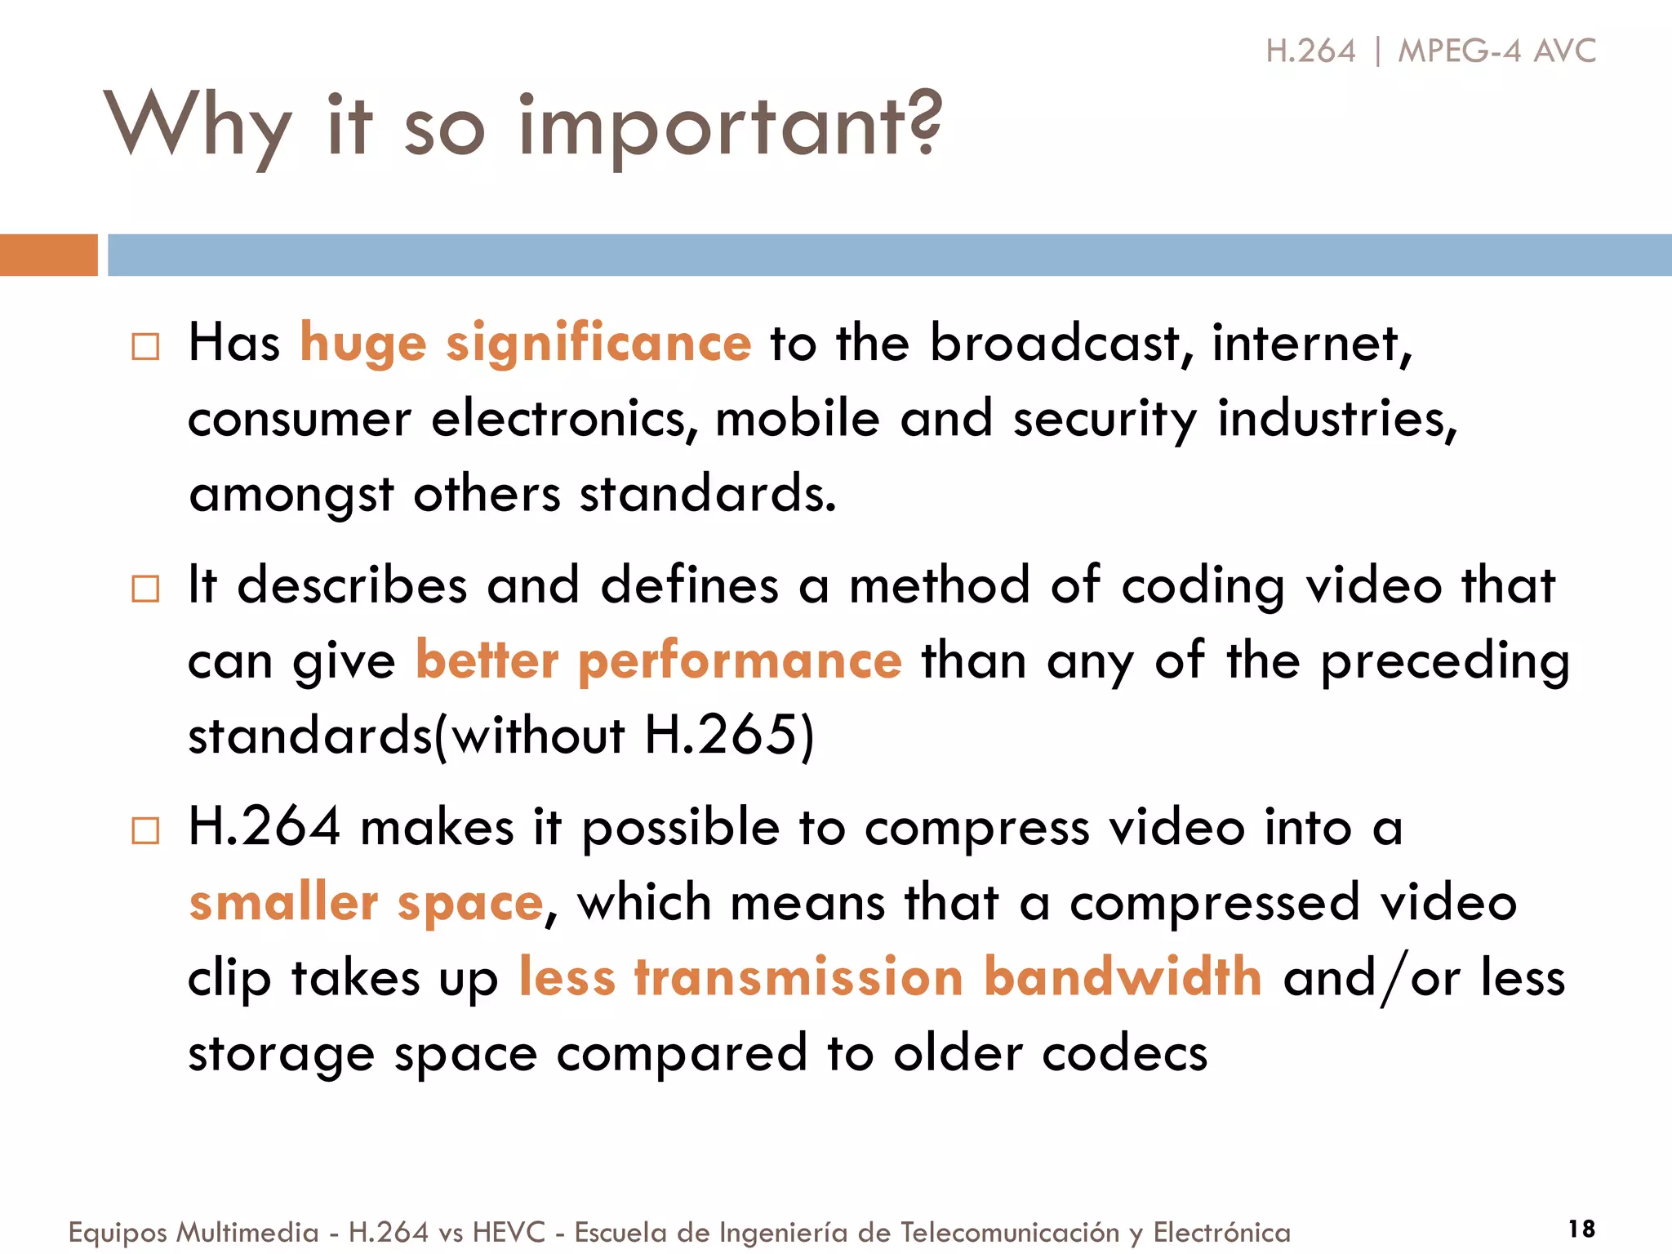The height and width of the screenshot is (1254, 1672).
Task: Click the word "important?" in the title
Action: [x=731, y=127]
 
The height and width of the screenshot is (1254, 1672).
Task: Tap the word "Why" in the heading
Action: [x=197, y=127]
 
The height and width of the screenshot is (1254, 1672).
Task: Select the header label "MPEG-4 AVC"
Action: [x=1496, y=51]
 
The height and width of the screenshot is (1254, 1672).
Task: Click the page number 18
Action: [x=1581, y=1229]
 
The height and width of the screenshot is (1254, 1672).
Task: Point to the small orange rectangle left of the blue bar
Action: [x=48, y=255]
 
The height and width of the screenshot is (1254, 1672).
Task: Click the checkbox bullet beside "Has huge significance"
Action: [x=145, y=346]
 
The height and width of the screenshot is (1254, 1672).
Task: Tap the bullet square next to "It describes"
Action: [x=145, y=588]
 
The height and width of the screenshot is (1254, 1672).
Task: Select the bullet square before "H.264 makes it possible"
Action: [x=145, y=830]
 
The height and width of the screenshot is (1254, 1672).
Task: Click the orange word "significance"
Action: [x=598, y=343]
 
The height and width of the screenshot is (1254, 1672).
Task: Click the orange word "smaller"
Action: [x=283, y=902]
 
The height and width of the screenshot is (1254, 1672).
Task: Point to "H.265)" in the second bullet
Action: [x=729, y=735]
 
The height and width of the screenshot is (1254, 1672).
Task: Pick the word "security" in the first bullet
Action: [x=1105, y=419]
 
